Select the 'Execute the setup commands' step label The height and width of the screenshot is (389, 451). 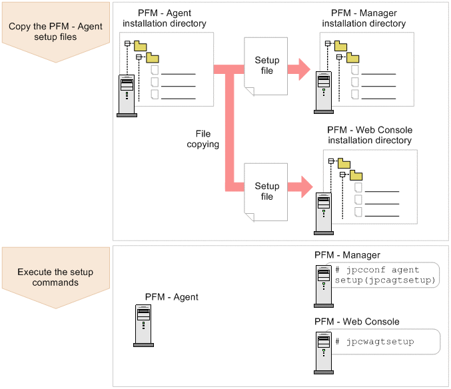coord(55,277)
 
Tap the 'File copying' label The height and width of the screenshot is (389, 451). coord(203,139)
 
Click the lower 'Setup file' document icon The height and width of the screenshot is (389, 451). coord(266,191)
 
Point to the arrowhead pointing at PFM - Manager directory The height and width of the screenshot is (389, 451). coord(304,68)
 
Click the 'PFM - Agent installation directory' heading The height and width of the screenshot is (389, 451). coord(165,19)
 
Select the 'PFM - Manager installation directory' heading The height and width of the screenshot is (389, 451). coord(364,19)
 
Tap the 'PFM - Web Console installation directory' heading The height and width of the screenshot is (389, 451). coord(370,135)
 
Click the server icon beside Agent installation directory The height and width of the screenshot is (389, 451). coord(127,95)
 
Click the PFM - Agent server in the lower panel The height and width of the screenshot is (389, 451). coord(143,326)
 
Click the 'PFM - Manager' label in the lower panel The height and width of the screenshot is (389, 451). coord(347,255)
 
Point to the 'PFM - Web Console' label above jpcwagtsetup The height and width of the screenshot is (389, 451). coord(357,322)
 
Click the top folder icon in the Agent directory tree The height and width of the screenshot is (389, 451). coord(140,45)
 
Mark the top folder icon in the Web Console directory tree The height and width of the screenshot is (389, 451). coord(344,163)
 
